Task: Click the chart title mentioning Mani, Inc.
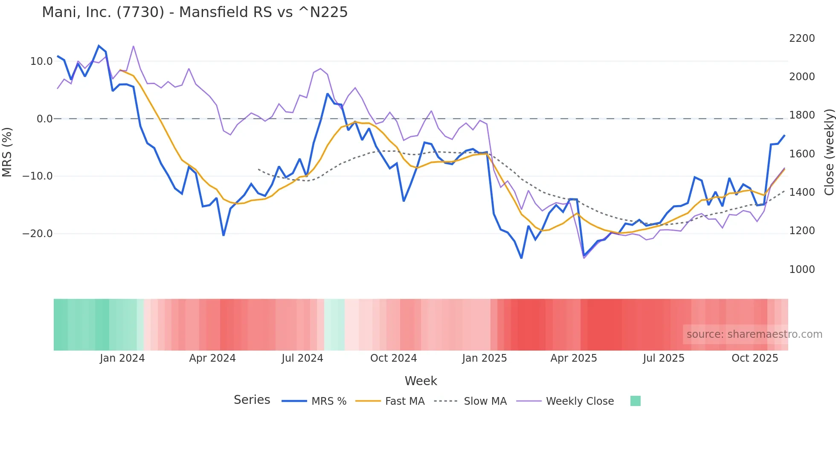coord(195,12)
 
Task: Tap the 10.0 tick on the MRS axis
coord(41,61)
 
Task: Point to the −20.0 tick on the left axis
coord(38,234)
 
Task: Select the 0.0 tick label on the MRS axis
coord(44,119)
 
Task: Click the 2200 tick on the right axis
coord(802,38)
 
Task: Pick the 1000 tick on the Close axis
coord(802,270)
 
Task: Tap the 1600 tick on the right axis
coord(802,154)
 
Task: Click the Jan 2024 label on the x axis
coord(122,358)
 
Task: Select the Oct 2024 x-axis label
coord(393,358)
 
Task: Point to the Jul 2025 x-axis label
coord(664,358)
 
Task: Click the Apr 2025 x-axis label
coord(574,358)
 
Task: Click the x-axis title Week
coord(421,381)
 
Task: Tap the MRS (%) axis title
coord(7,152)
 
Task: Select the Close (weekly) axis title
coord(829,152)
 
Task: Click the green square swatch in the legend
coord(635,401)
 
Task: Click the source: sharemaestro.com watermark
coord(754,334)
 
